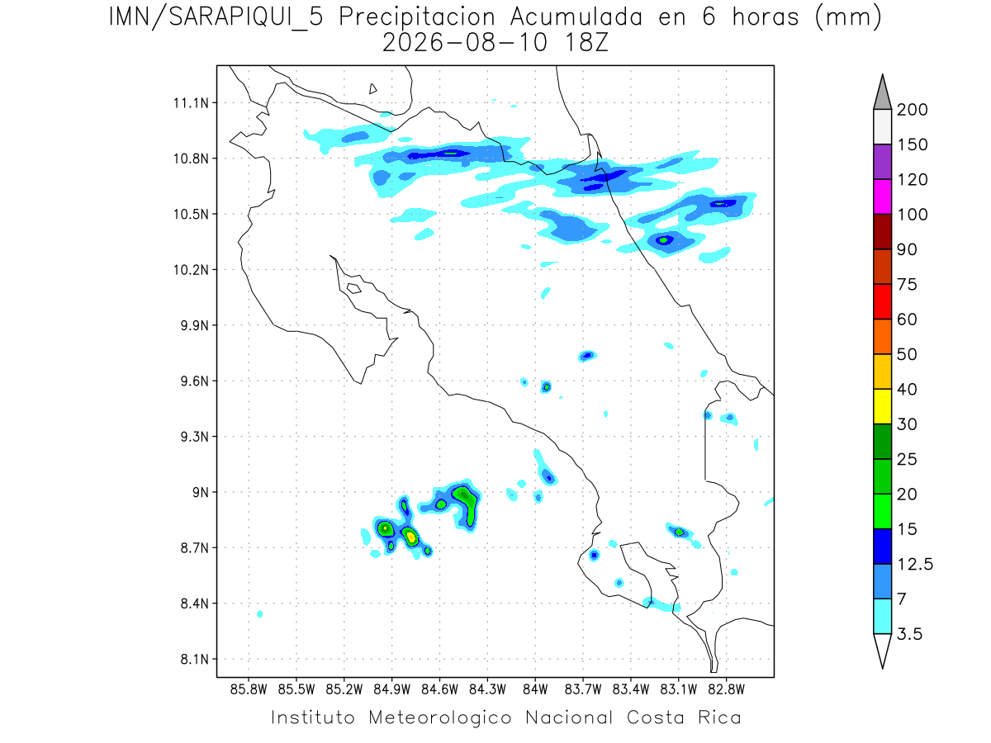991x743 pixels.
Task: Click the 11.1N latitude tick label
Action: point(191,103)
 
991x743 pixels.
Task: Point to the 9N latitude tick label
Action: point(201,492)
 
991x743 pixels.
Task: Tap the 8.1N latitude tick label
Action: point(195,659)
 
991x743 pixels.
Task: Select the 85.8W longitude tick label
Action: point(249,690)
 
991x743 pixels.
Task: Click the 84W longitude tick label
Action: point(535,690)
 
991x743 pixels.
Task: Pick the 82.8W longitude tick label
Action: point(726,690)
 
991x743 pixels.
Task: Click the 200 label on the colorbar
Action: point(912,110)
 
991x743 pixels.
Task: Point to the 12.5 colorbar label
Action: point(915,565)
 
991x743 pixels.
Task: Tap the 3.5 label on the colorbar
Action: point(909,634)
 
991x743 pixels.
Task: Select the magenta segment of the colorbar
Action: point(882,196)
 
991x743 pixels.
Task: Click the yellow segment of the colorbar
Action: point(882,406)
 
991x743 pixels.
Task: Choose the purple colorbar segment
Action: point(882,162)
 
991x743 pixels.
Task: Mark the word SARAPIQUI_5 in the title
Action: point(246,18)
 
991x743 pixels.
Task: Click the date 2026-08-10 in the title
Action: point(465,43)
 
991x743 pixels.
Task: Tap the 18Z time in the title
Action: point(586,43)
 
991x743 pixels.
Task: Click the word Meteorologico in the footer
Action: point(440,718)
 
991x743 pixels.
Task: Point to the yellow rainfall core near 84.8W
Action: point(410,537)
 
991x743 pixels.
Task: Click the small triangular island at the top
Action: point(372,89)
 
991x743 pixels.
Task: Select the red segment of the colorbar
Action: point(882,301)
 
